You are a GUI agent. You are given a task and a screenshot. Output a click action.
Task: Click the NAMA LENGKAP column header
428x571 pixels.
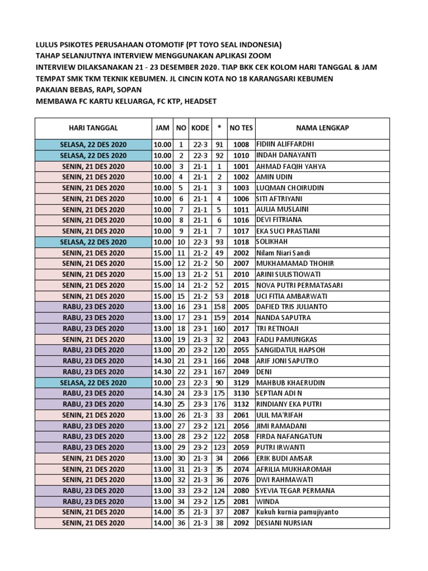pos(323,128)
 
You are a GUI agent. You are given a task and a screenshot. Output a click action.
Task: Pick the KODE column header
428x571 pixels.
pos(200,128)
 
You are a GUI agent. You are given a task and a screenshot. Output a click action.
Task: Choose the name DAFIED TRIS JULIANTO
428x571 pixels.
pos(291,307)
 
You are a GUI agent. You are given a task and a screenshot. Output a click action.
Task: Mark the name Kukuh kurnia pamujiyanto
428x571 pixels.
pos(296,512)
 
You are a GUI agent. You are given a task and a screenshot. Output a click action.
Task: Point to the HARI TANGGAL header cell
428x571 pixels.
pos(93,128)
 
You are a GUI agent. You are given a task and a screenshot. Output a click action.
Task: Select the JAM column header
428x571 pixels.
pos(162,128)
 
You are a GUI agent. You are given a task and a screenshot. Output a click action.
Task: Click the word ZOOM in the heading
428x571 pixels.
pos(260,56)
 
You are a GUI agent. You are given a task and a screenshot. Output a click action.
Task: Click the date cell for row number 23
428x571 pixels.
pos(93,383)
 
